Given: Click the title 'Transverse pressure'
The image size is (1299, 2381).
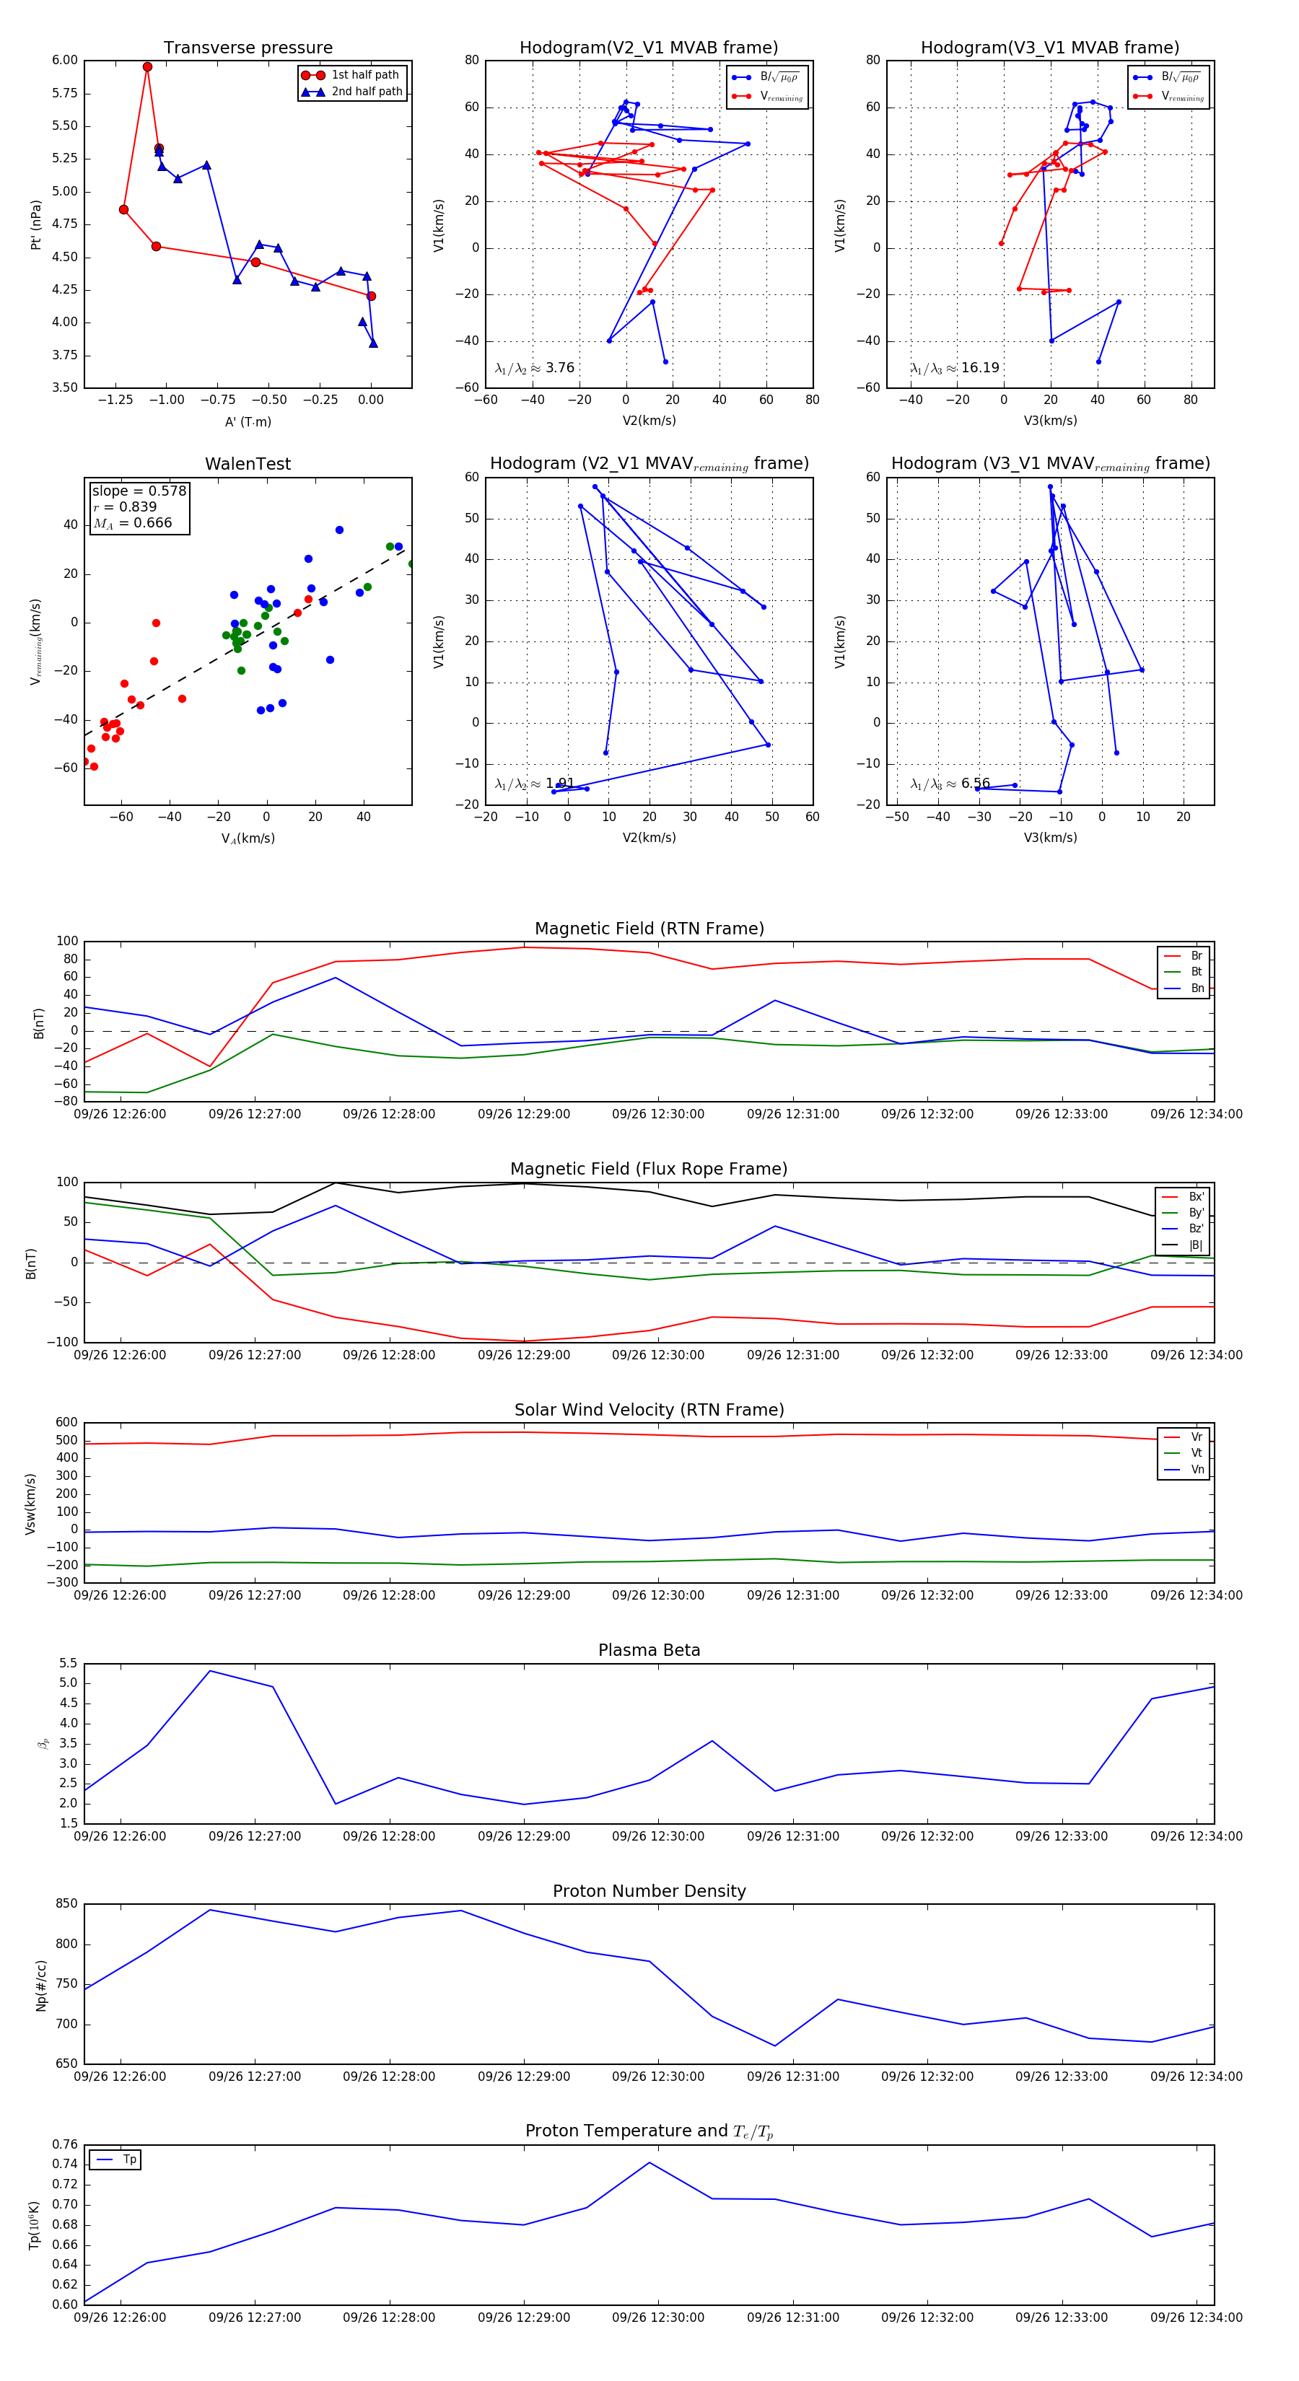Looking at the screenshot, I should pyautogui.click(x=248, y=48).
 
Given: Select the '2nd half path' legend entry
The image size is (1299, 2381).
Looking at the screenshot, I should pyautogui.click(x=366, y=92).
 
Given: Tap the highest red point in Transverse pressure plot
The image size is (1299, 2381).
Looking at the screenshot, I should pyautogui.click(x=147, y=66).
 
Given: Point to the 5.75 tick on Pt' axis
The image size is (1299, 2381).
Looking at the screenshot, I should pyautogui.click(x=65, y=93).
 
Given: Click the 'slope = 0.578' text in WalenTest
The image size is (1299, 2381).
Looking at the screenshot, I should pyautogui.click(x=139, y=491).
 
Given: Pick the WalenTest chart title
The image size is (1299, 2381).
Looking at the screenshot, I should pyautogui.click(x=248, y=464).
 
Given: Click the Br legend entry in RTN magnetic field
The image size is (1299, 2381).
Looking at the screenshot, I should pyautogui.click(x=1196, y=956).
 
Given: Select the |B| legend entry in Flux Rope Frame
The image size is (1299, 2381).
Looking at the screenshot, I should pyautogui.click(x=1196, y=1245).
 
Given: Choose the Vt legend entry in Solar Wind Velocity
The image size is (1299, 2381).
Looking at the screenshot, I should pyautogui.click(x=1197, y=1453).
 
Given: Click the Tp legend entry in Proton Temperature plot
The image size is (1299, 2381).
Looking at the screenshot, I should pyautogui.click(x=128, y=2160).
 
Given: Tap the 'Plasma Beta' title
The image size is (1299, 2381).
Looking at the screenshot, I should pyautogui.click(x=649, y=1651).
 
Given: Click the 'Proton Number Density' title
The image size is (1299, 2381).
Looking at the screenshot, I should pyautogui.click(x=649, y=1891).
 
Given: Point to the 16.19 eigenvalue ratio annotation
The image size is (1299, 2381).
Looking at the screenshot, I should pyautogui.click(x=979, y=368).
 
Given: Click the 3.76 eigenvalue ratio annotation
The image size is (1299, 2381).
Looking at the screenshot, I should pyautogui.click(x=559, y=368).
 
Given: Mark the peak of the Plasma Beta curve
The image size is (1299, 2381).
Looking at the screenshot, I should pyautogui.click(x=211, y=1671).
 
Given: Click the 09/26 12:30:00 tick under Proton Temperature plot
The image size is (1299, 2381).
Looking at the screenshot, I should pyautogui.click(x=657, y=2318).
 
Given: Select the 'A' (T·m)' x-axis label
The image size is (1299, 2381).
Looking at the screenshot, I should pyautogui.click(x=248, y=421).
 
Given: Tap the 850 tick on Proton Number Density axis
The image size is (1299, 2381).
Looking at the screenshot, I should pyautogui.click(x=66, y=1904).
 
